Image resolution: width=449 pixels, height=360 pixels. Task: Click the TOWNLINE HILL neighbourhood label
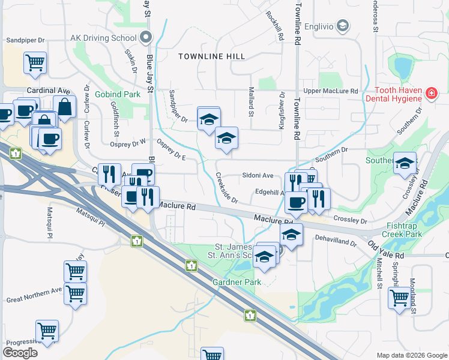click(x=212, y=56)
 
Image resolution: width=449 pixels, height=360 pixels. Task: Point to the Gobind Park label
click(x=118, y=95)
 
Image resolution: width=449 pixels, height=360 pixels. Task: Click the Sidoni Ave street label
click(x=258, y=176)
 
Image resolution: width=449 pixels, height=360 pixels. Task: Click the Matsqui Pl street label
click(x=91, y=217)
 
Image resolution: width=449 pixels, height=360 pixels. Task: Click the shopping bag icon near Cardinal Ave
click(x=64, y=107)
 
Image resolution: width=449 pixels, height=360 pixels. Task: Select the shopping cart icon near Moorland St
click(x=399, y=297)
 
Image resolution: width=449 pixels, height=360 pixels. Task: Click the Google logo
click(x=20, y=353)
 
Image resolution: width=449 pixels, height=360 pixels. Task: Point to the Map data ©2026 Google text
click(x=412, y=355)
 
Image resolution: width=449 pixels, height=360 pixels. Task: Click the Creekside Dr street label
click(x=227, y=188)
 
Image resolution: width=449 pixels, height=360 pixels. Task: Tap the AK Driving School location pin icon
click(x=145, y=37)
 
